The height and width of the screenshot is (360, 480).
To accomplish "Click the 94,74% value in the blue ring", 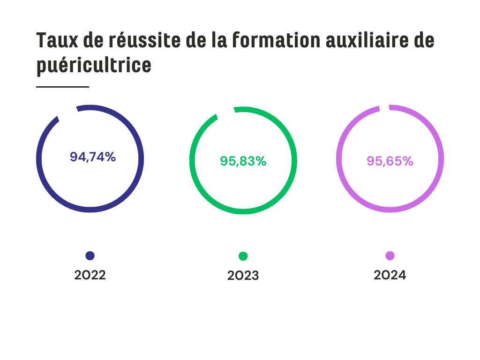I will (x=93, y=157).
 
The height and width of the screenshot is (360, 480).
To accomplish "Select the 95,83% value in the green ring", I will (x=243, y=161).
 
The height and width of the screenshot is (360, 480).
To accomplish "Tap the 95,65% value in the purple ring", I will (x=390, y=161).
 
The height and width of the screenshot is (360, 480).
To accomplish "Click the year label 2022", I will (x=90, y=275).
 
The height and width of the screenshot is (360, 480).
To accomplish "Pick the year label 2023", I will (x=243, y=276).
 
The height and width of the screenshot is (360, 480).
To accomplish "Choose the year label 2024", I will (x=390, y=275).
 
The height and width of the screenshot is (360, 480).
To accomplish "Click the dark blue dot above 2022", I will (x=90, y=255).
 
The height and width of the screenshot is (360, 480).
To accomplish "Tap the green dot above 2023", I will (x=243, y=256).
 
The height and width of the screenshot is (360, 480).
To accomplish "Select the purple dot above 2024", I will (x=390, y=255).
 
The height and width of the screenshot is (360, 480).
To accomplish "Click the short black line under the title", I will (x=62, y=87).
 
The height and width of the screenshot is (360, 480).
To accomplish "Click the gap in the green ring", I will (x=226, y=112).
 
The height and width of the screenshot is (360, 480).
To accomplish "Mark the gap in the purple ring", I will (x=384, y=107).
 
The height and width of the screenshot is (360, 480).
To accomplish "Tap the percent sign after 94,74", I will (x=110, y=157).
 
